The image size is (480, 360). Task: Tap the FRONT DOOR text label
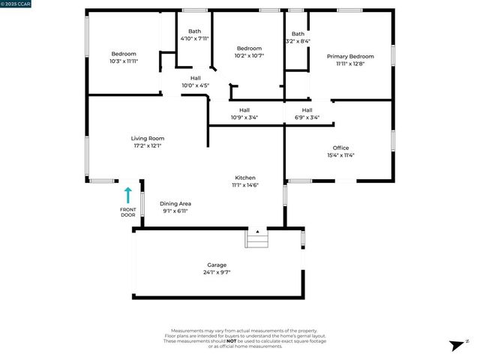click(x=128, y=212)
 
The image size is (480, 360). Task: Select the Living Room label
click(x=147, y=138)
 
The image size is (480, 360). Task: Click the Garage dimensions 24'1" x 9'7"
click(x=217, y=273)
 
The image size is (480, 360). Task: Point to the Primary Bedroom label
click(x=350, y=55)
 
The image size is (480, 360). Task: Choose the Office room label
click(x=340, y=148)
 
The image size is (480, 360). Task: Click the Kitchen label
click(x=245, y=178)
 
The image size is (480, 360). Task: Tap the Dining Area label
click(x=175, y=203)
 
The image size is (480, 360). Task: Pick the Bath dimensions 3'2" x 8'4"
click(x=298, y=41)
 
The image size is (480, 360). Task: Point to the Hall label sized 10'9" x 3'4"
click(x=244, y=117)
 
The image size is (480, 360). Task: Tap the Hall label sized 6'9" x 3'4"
click(x=306, y=117)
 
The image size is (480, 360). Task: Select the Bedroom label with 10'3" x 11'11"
click(x=124, y=53)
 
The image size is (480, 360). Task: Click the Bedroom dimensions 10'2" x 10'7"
click(x=249, y=55)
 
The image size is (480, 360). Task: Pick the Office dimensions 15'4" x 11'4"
click(x=340, y=155)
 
